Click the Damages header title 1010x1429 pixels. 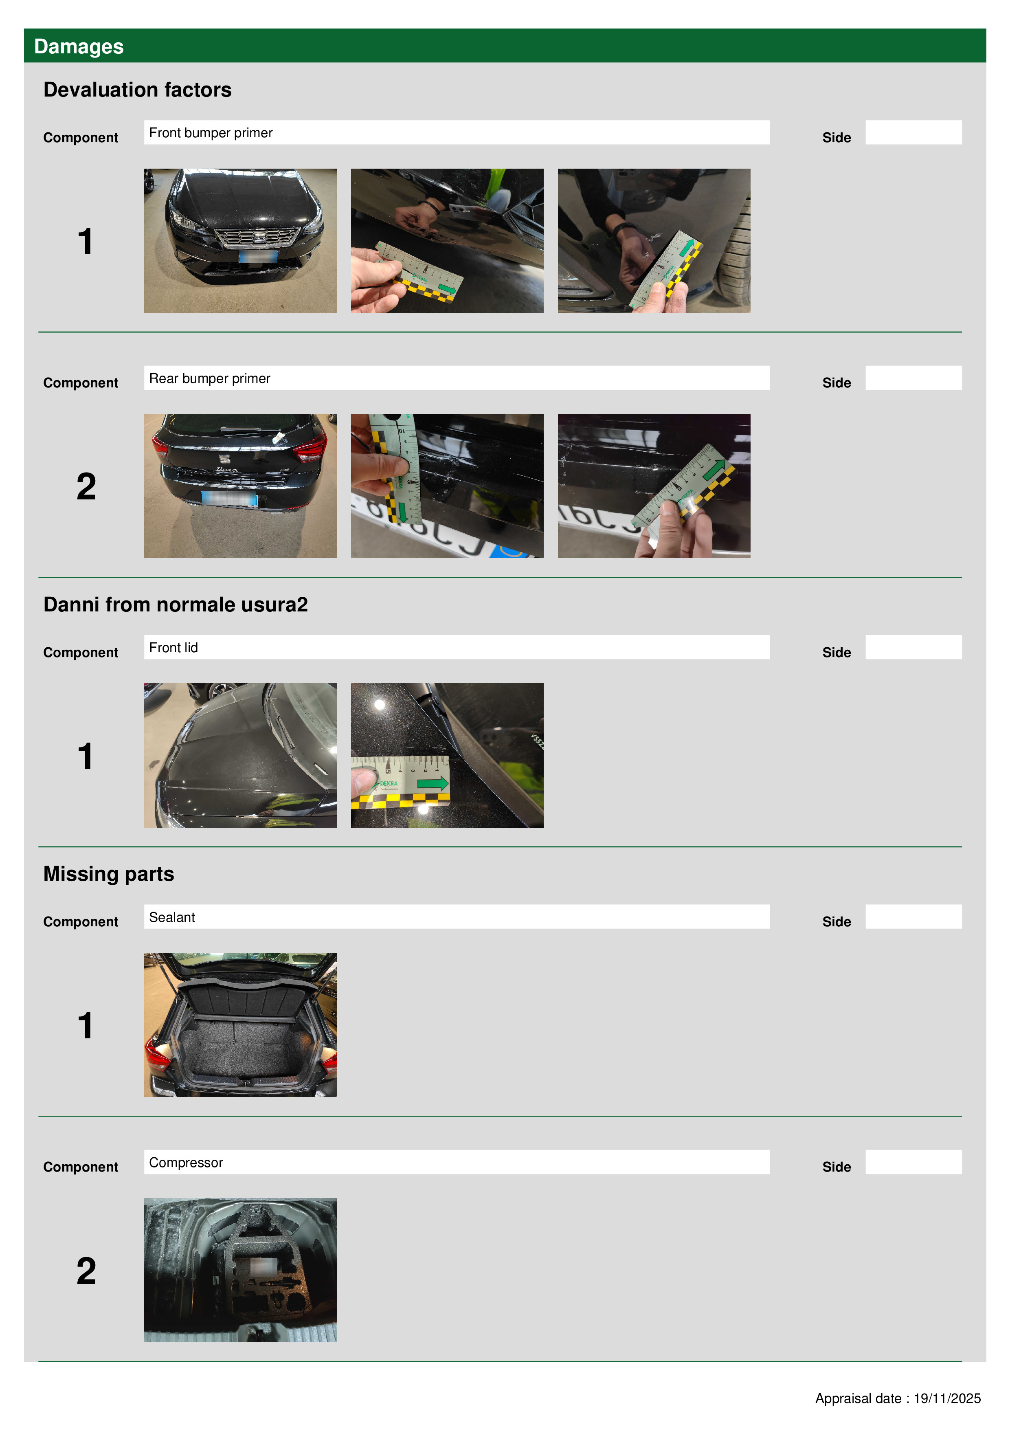coord(79,47)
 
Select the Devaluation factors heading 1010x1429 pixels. coord(138,90)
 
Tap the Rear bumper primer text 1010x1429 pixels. coord(210,378)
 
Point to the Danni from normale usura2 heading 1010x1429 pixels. coord(176,605)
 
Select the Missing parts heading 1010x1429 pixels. coord(109,874)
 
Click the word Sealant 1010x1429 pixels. coord(172,917)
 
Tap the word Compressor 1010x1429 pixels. coord(186,1163)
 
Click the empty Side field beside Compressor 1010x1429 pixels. coord(913,1162)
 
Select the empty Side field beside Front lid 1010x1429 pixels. coord(913,647)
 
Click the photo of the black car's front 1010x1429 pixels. coord(240,240)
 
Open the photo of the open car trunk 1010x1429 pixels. coord(240,1024)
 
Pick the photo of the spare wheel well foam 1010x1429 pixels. coord(240,1270)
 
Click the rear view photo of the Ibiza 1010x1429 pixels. coord(240,486)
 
